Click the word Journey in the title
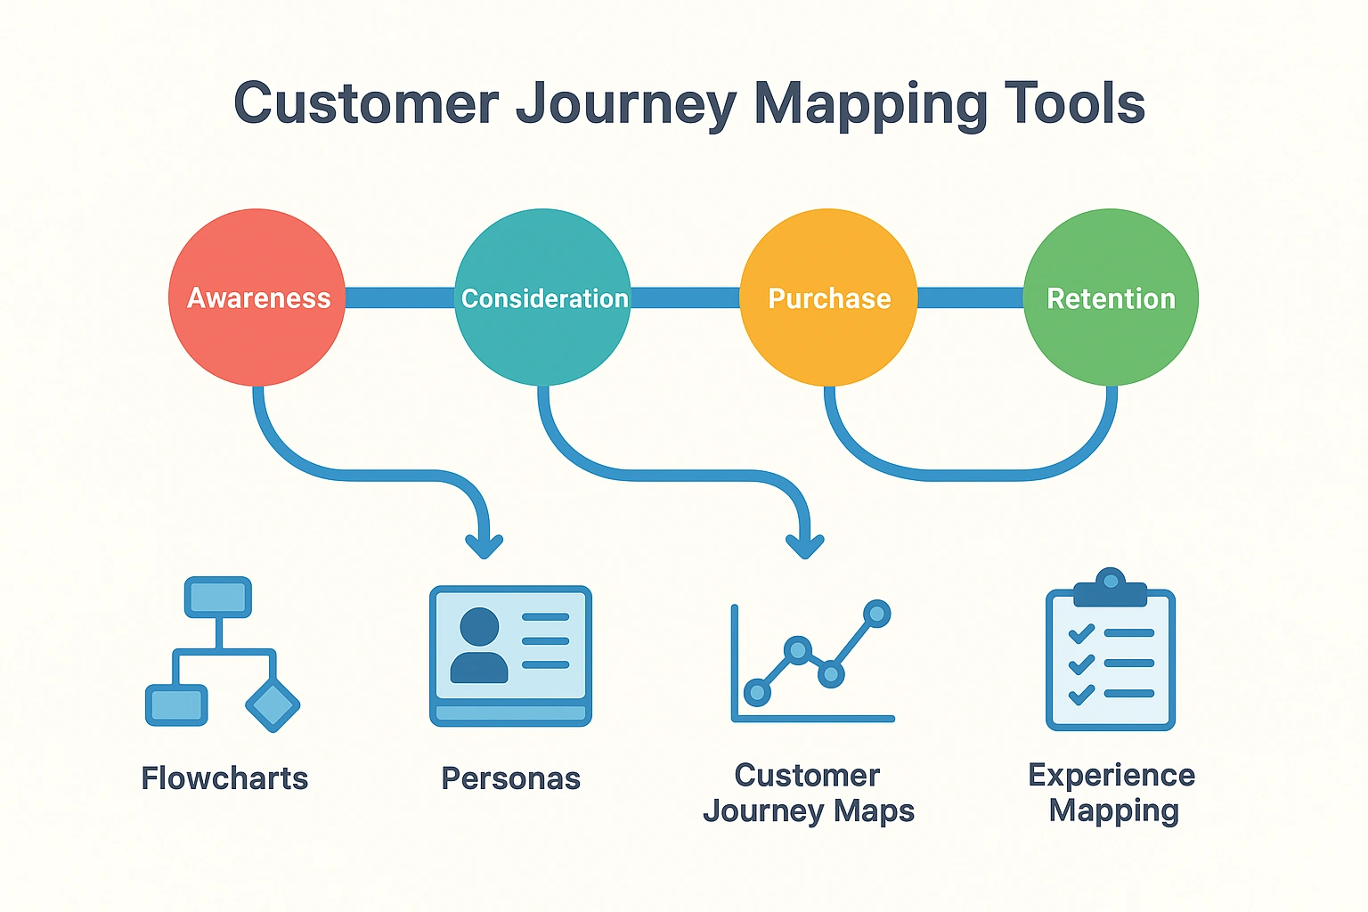[625, 105]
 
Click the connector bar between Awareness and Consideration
[399, 297]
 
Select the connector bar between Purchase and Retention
[970, 297]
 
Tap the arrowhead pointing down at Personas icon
[484, 544]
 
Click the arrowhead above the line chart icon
[805, 544]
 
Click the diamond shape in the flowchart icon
[272, 705]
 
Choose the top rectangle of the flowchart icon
[218, 597]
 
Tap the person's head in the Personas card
[479, 626]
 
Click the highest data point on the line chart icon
[876, 613]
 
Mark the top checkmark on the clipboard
[1081, 633]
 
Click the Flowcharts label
[224, 778]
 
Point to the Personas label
[510, 778]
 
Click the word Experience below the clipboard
[1111, 775]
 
